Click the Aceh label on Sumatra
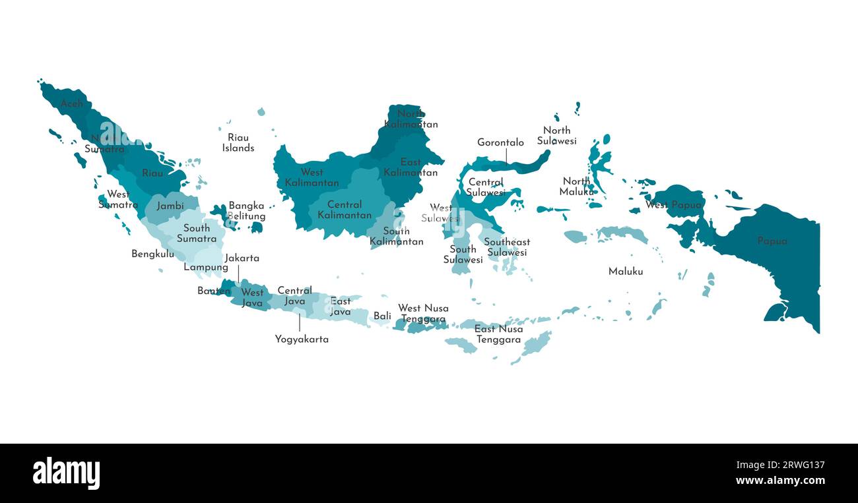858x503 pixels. click(72, 104)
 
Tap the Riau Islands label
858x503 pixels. click(238, 143)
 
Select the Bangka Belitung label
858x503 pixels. click(247, 211)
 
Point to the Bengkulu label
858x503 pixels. click(152, 254)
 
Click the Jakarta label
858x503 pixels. click(242, 258)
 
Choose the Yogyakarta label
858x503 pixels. click(302, 340)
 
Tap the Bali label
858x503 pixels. click(382, 316)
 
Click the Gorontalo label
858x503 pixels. click(500, 142)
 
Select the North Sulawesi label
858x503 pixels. click(556, 136)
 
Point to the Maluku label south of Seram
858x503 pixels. click(625, 272)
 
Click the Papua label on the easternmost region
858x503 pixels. click(772, 241)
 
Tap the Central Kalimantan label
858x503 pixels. click(344, 210)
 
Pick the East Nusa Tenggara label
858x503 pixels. click(498, 334)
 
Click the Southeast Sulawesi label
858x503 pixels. click(507, 247)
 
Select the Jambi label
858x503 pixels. click(170, 206)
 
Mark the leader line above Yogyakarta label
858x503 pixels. click(299, 323)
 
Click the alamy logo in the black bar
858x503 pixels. click(66, 473)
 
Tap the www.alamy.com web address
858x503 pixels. click(779, 481)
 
